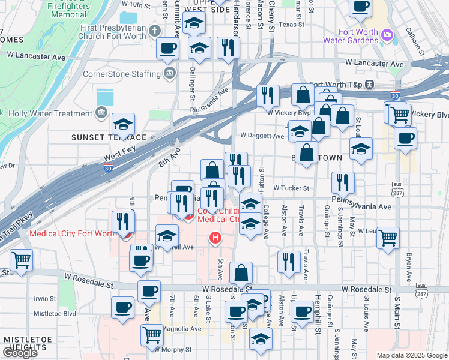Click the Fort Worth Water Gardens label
(358, 36)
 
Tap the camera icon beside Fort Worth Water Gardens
(388, 36)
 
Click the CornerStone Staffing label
(125, 73)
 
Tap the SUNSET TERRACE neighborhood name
(109, 137)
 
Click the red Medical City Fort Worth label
(73, 233)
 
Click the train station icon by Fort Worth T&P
(371, 84)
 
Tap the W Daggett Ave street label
(262, 136)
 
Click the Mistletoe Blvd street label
(55, 313)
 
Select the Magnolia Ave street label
(181, 329)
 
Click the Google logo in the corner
(20, 353)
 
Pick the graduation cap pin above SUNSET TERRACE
(124, 125)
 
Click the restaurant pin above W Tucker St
(342, 182)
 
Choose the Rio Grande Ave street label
(209, 101)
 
